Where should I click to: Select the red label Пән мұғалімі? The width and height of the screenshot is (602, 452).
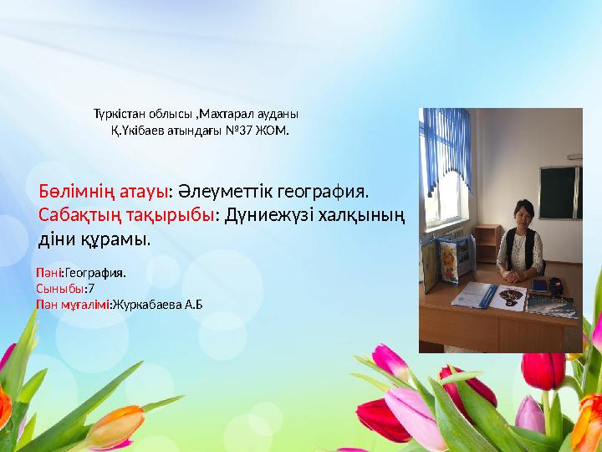[73, 303]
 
